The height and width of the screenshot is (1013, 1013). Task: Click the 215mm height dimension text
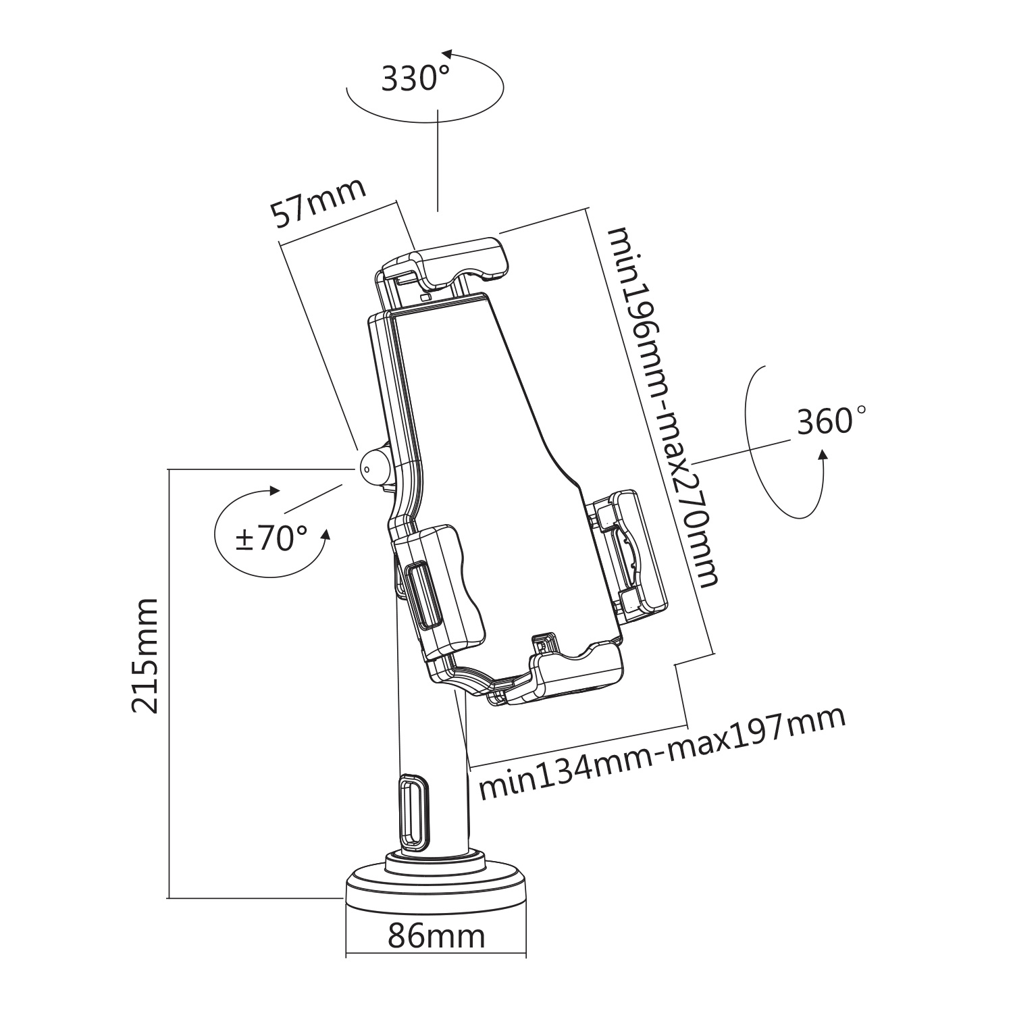point(145,655)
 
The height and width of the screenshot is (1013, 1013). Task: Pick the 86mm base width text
point(436,936)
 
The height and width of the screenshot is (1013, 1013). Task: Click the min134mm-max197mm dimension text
point(662,753)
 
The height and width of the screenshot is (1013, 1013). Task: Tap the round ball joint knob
point(373,465)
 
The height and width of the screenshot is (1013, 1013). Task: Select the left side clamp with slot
point(439,588)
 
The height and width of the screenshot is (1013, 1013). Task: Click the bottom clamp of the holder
point(574,672)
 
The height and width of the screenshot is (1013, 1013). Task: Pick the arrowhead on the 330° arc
point(446,55)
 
